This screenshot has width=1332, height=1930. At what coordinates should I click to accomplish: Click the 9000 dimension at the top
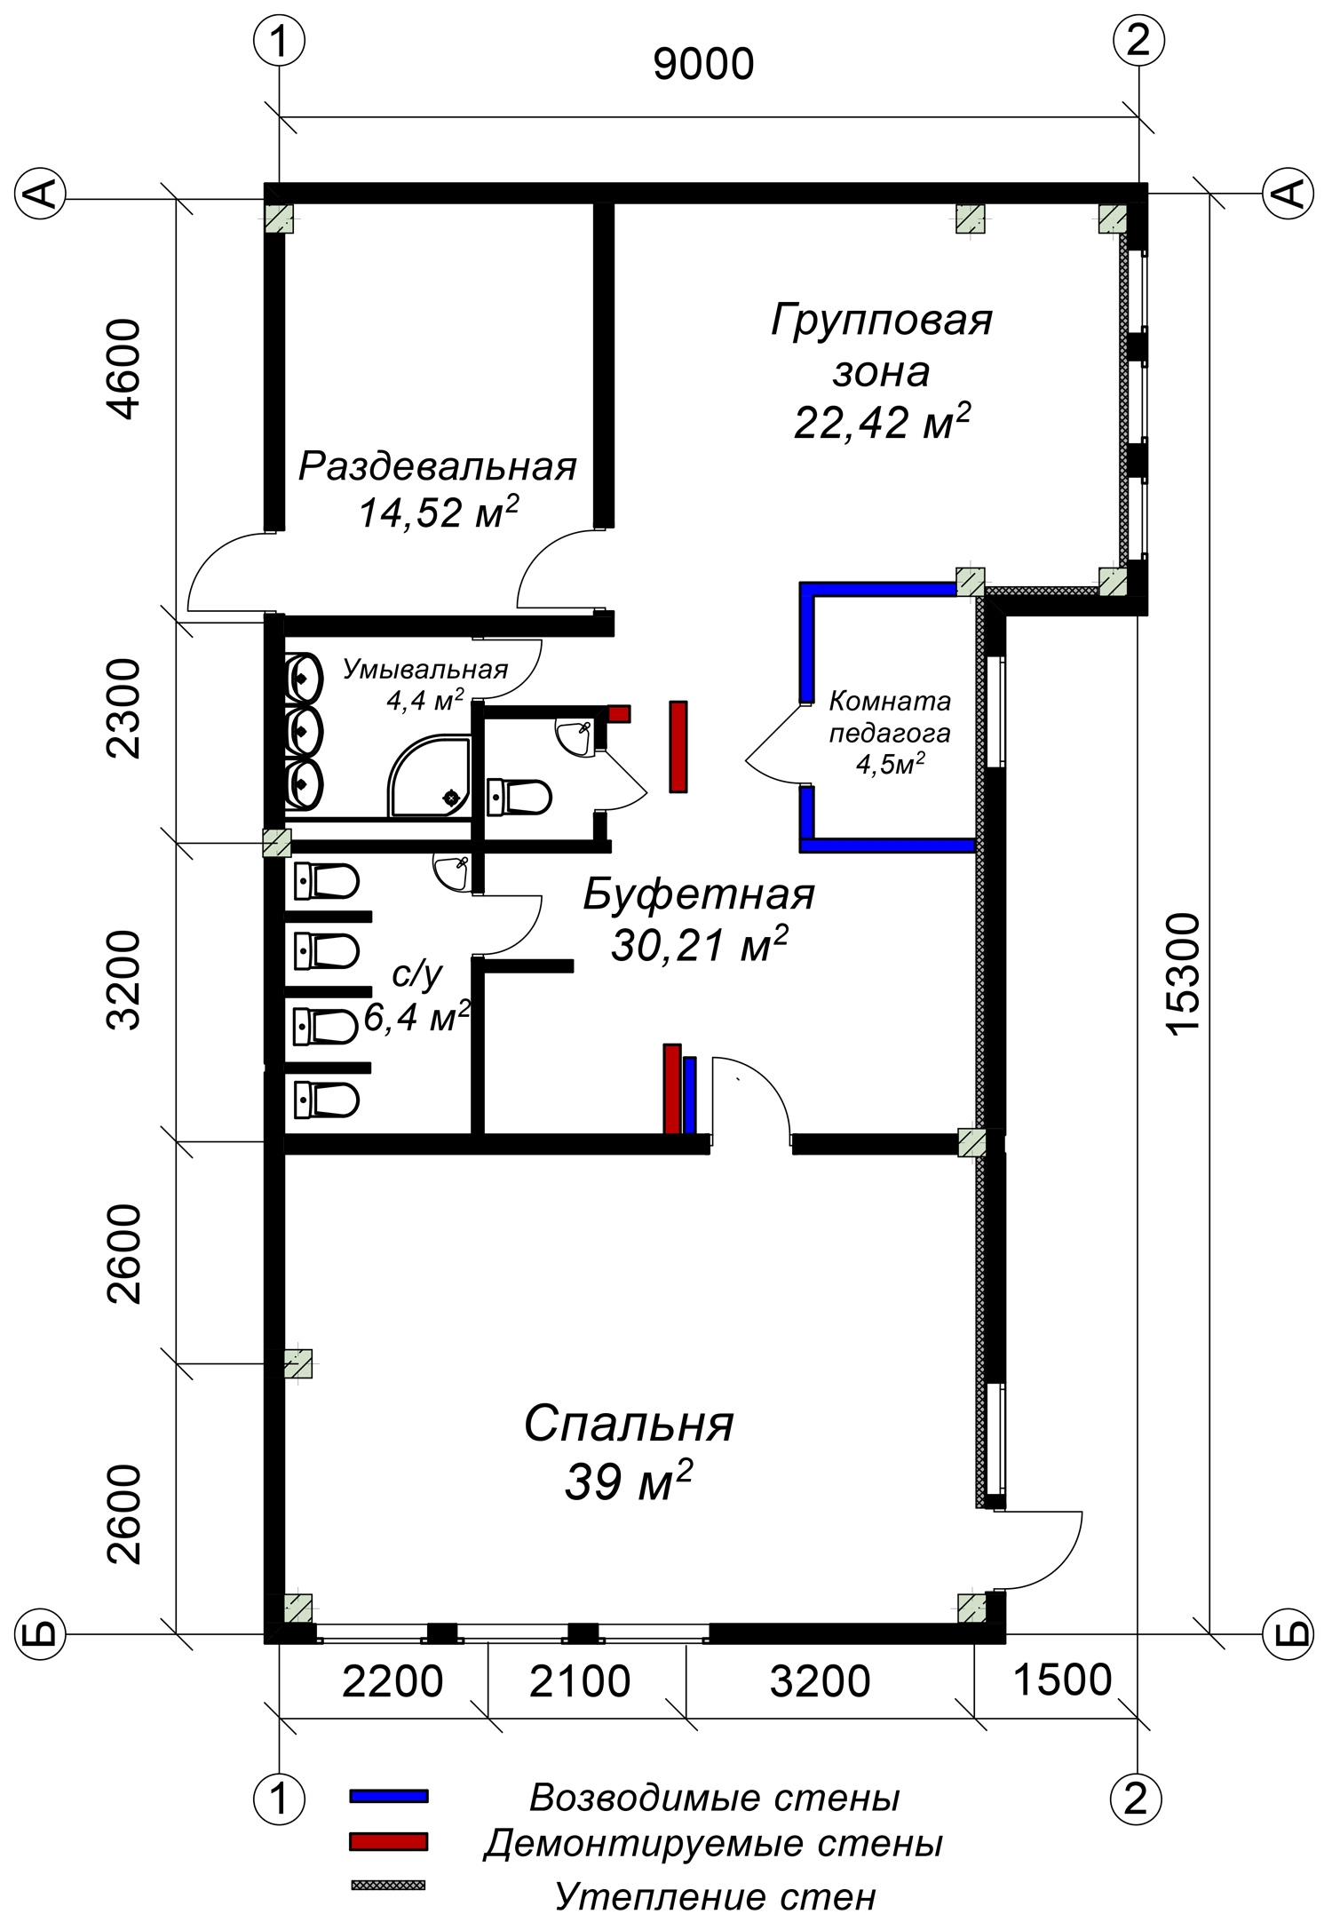click(703, 65)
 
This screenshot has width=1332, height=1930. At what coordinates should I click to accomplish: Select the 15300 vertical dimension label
click(1183, 973)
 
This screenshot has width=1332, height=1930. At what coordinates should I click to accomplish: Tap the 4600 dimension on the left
click(123, 369)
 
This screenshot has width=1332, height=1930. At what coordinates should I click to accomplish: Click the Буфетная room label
click(699, 894)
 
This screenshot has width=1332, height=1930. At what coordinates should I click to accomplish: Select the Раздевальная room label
click(438, 466)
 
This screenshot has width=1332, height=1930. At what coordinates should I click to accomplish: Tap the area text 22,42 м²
click(882, 421)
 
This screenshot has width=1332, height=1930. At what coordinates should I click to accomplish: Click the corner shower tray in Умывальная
click(429, 775)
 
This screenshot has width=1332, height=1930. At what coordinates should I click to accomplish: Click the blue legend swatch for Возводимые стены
click(389, 1796)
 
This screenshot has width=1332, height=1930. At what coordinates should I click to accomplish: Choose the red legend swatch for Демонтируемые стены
click(389, 1841)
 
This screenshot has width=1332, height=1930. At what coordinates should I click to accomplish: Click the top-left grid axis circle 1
click(280, 41)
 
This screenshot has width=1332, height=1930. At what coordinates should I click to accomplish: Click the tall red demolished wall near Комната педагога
click(678, 746)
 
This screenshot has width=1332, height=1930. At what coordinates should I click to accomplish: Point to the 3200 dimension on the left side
click(123, 980)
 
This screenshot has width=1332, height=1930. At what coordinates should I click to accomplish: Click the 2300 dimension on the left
click(123, 708)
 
